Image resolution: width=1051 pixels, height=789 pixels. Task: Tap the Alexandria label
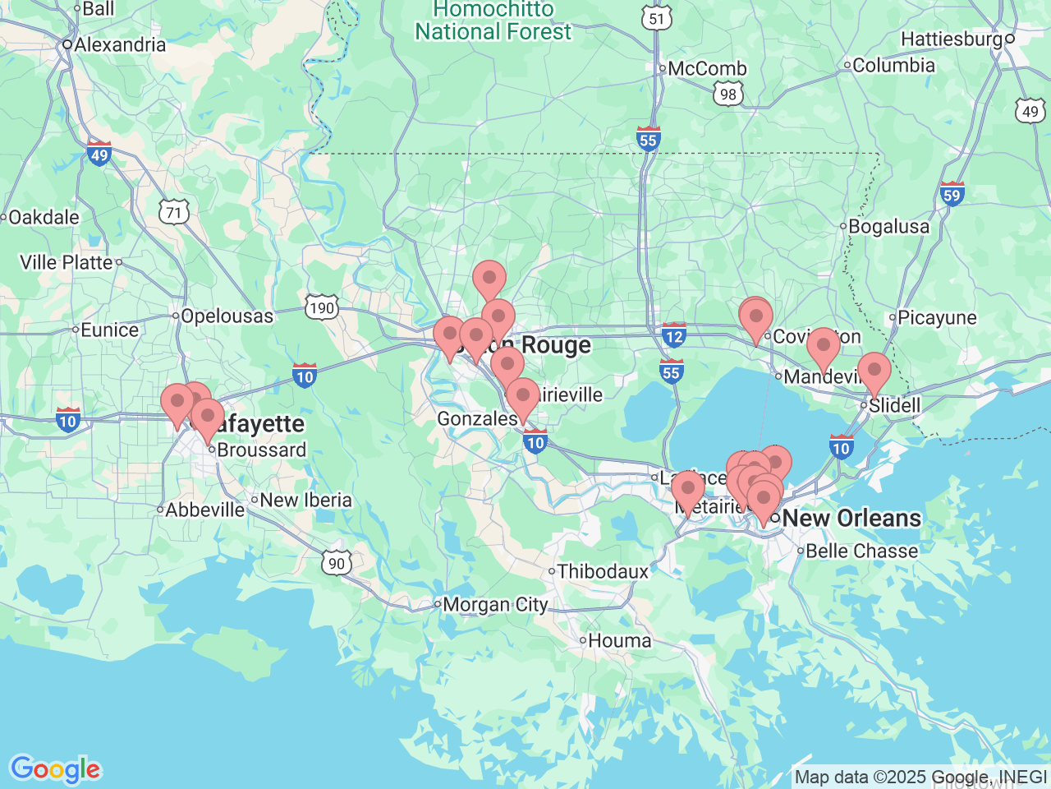tap(119, 44)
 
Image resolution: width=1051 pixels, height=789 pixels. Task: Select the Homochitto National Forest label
tap(493, 21)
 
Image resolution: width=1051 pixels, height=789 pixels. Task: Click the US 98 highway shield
tap(728, 95)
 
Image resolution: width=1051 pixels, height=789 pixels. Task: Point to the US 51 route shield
tap(656, 19)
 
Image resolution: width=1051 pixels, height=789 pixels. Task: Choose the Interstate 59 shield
tap(952, 195)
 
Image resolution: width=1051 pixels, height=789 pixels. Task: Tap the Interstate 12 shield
tap(674, 335)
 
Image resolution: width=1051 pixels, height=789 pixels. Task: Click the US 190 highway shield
tap(321, 308)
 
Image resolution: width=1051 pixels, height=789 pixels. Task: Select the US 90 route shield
tap(337, 563)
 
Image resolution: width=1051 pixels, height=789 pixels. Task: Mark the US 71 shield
tap(174, 213)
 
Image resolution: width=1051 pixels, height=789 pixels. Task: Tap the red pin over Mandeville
tap(823, 345)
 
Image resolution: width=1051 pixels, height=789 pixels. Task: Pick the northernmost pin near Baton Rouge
tap(489, 278)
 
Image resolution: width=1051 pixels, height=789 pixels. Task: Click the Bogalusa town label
tap(888, 226)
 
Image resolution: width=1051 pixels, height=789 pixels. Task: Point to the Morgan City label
tap(495, 605)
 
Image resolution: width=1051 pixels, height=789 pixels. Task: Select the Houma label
tap(619, 640)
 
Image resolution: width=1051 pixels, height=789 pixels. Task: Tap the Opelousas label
tap(227, 316)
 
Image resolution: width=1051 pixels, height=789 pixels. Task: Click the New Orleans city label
tap(851, 518)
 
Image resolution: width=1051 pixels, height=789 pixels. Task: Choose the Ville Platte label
tap(66, 262)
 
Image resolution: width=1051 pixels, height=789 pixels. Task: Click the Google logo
tap(55, 769)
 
